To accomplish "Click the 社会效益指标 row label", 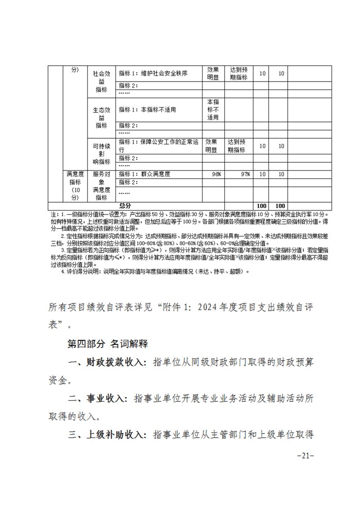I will [101, 81].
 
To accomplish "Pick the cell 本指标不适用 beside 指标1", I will [147, 110].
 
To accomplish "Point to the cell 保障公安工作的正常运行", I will [158, 146].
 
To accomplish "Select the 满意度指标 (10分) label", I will [75, 186].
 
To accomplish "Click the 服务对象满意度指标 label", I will [101, 186].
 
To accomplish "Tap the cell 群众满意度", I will [144, 174].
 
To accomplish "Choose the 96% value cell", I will [216, 174].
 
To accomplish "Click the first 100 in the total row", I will [262, 206].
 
